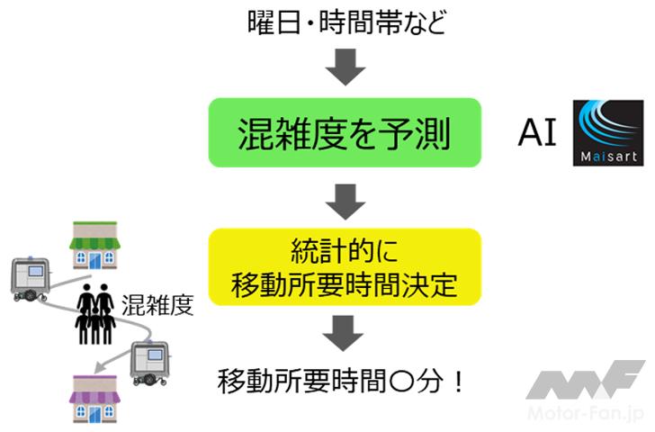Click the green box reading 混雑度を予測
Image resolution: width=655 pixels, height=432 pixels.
[x=345, y=133]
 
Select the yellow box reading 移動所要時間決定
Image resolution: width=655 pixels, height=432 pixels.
[x=345, y=267]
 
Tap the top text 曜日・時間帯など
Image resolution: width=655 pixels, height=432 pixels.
[x=345, y=22]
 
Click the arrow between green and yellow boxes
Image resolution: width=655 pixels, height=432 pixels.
[x=345, y=200]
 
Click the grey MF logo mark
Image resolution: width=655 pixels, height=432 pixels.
[x=585, y=378]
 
